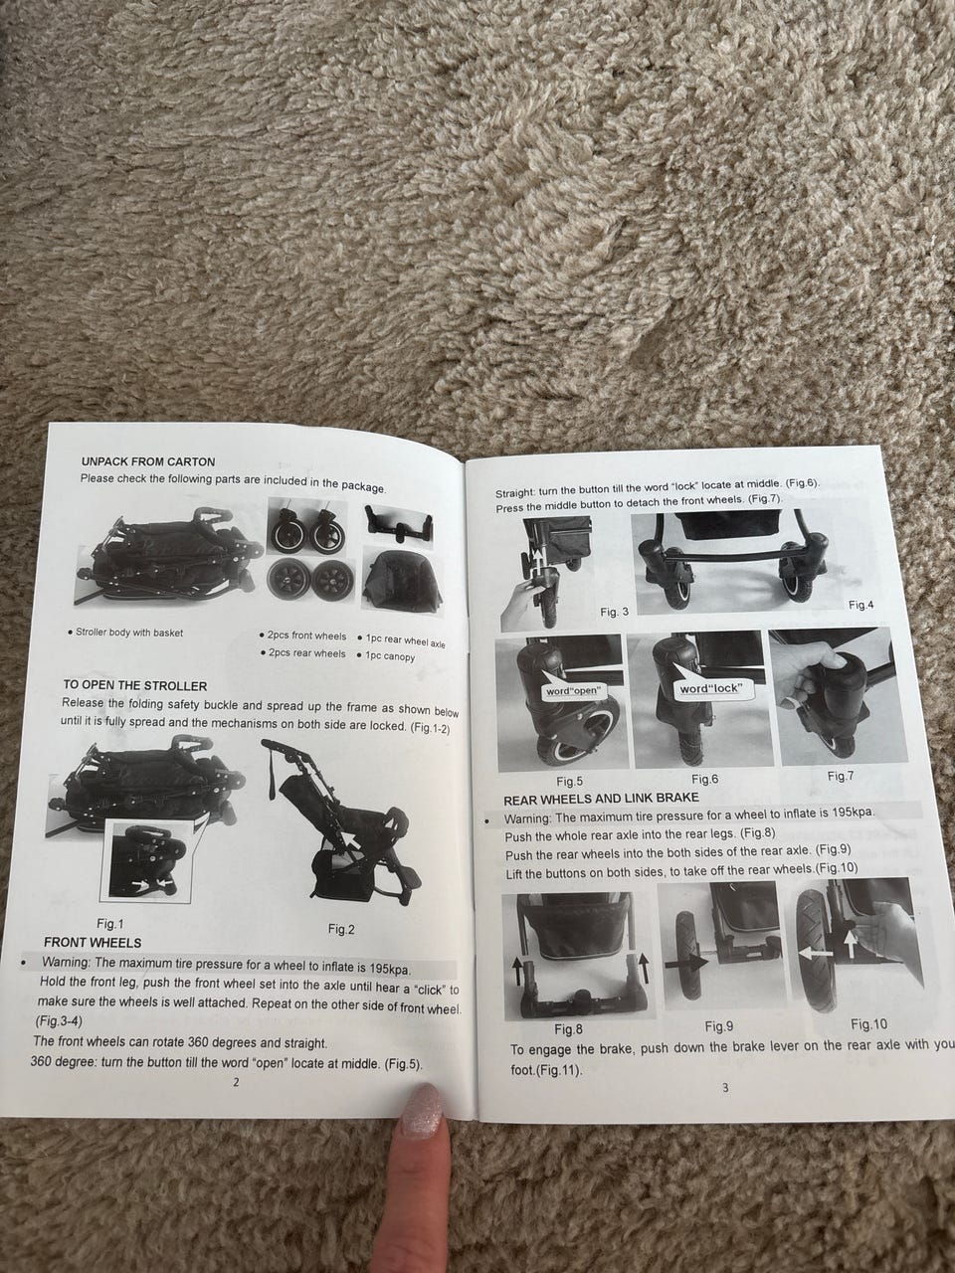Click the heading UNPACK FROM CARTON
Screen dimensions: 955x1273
(148, 461)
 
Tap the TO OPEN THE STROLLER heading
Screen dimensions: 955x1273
(134, 685)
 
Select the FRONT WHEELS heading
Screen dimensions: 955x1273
(93, 943)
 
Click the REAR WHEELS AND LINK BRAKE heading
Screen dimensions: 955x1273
(601, 799)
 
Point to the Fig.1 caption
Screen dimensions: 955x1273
(110, 923)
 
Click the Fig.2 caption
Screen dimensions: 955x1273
(341, 929)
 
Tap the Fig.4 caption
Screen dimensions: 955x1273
(860, 605)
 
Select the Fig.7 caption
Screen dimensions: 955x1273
(841, 776)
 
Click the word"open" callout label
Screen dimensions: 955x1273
(573, 691)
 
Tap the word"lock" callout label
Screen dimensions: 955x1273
(711, 688)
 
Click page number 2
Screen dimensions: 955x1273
(236, 1082)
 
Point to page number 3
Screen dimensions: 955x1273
(725, 1089)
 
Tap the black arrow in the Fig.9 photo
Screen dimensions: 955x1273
(686, 962)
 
